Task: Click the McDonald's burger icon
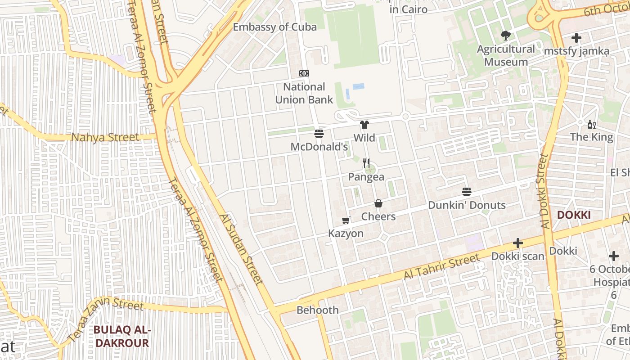(319, 133)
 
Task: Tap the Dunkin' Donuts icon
(467, 192)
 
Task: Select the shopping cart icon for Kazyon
(346, 220)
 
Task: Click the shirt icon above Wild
(364, 125)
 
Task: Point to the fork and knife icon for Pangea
(366, 163)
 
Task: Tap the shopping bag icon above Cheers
(378, 203)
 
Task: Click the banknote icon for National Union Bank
(304, 73)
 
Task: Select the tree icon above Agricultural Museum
(506, 36)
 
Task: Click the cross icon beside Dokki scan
(518, 243)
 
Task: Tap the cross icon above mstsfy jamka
(576, 38)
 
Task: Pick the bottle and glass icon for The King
(591, 124)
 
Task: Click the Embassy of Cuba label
(274, 27)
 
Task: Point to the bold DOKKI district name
(574, 215)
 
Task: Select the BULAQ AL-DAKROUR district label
(121, 337)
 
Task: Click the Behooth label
(317, 310)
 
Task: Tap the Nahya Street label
(105, 137)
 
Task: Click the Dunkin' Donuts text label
(467, 205)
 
